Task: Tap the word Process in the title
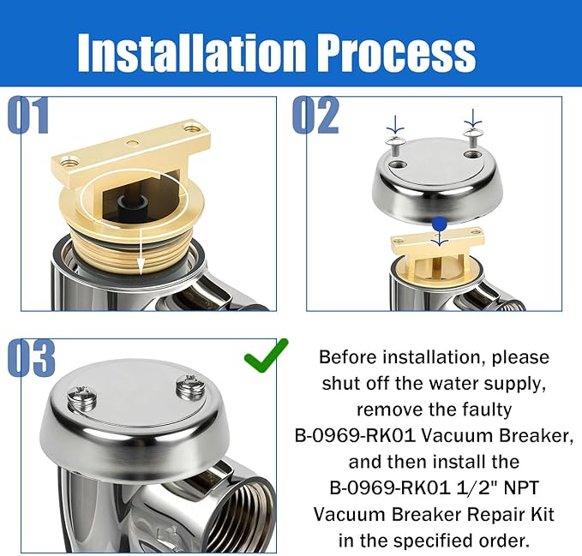pyautogui.click(x=395, y=53)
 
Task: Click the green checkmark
pyautogui.click(x=267, y=354)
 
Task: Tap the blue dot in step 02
pyautogui.click(x=439, y=224)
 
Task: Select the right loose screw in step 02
pyautogui.click(x=472, y=133)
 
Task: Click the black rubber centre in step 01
pyautogui.click(x=137, y=206)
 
